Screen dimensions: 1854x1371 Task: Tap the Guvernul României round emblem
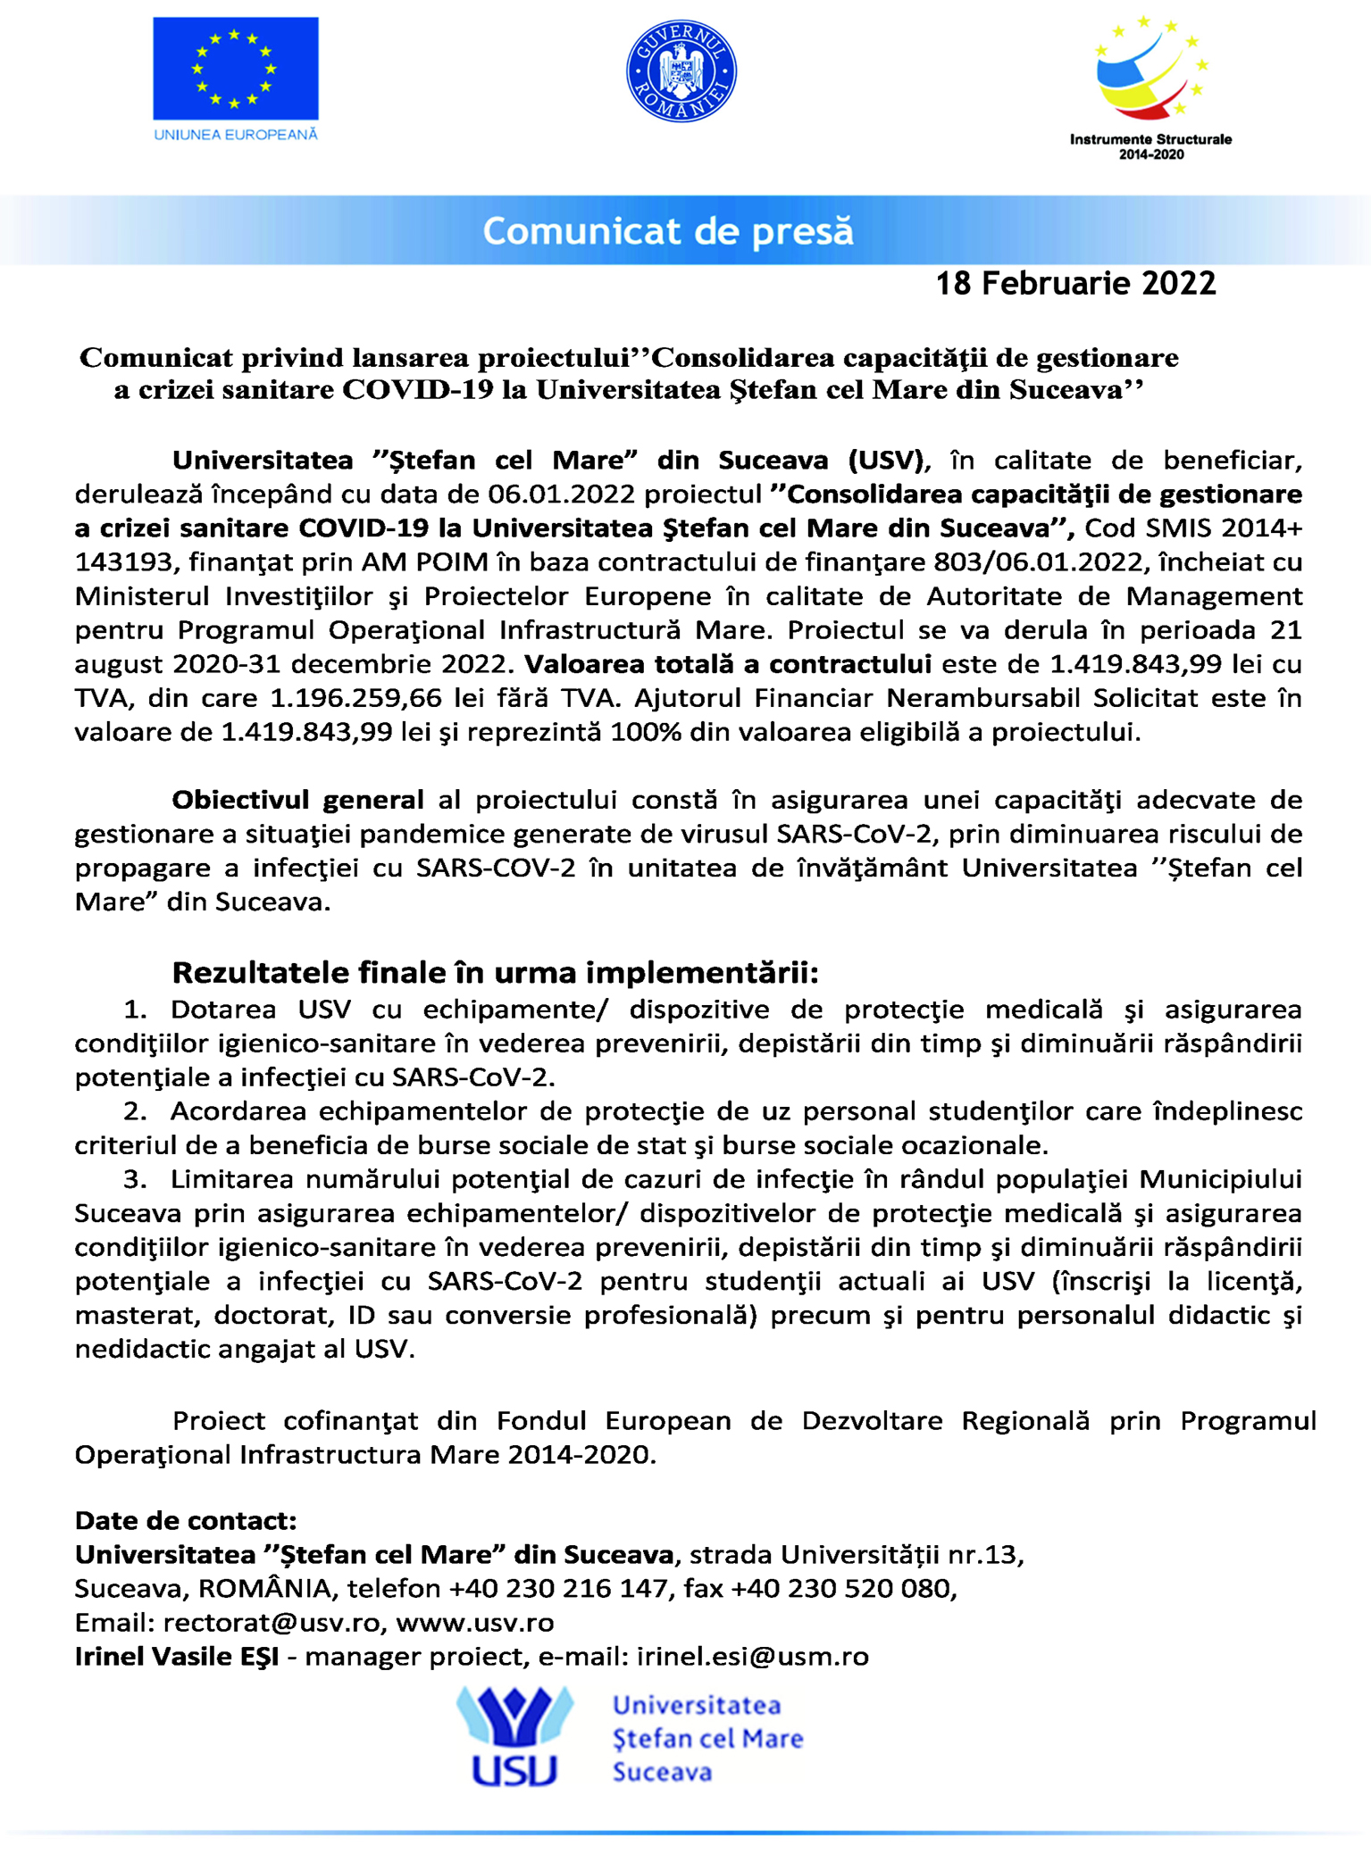tap(681, 71)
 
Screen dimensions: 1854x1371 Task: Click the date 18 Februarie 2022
tap(1075, 284)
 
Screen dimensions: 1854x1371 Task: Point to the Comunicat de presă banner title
tap(668, 231)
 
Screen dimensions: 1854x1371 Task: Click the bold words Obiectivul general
tap(297, 800)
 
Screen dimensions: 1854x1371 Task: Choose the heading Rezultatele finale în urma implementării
tap(495, 971)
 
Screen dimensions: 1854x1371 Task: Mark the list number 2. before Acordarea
tap(135, 1111)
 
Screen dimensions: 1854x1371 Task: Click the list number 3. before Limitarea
tap(135, 1179)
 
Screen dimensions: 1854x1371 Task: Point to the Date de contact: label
tap(186, 1520)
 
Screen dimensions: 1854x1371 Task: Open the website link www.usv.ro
tap(475, 1622)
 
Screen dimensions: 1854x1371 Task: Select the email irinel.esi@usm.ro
tap(752, 1656)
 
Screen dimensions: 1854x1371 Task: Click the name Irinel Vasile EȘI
tap(177, 1656)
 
